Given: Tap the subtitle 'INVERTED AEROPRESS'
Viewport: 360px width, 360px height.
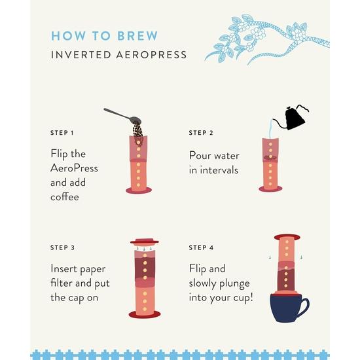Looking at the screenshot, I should point(118,54).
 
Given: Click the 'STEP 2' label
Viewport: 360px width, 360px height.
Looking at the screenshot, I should point(202,133).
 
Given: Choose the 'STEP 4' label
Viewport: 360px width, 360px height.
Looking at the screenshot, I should point(202,248).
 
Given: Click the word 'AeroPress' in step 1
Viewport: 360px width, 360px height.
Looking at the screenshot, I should point(74,169).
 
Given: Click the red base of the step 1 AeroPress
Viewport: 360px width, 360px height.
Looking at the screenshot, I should point(138,191).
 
